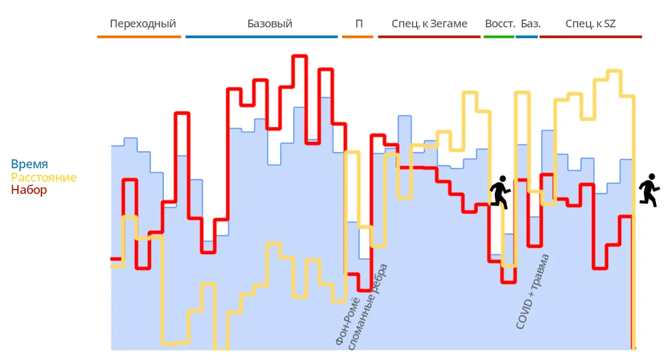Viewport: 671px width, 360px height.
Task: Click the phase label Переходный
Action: (x=143, y=24)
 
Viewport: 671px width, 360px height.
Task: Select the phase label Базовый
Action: (x=270, y=24)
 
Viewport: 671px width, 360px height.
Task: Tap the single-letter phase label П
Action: (x=358, y=24)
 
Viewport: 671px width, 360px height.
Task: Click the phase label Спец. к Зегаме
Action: (x=429, y=24)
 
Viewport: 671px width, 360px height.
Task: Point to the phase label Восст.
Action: (x=499, y=24)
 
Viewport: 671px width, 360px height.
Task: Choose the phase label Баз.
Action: (x=531, y=24)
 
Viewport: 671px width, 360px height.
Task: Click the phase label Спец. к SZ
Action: (x=590, y=24)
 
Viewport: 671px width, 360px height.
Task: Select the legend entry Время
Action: (x=30, y=164)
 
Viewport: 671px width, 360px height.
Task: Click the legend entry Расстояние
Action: (x=44, y=178)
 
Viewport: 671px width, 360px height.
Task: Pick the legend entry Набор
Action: (x=29, y=190)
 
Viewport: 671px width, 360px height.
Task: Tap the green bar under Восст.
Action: (x=498, y=37)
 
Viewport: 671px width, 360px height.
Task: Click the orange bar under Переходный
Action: (x=139, y=37)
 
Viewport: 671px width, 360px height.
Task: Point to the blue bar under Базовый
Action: (x=262, y=37)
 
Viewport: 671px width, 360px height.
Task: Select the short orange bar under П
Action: (x=357, y=37)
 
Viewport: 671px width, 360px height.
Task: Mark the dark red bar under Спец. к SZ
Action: (x=590, y=37)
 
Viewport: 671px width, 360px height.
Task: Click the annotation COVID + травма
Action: (x=533, y=291)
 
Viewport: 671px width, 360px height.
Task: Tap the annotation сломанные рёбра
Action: (x=368, y=307)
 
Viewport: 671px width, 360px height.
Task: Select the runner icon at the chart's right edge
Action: (x=649, y=190)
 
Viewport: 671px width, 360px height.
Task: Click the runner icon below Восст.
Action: (x=500, y=192)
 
